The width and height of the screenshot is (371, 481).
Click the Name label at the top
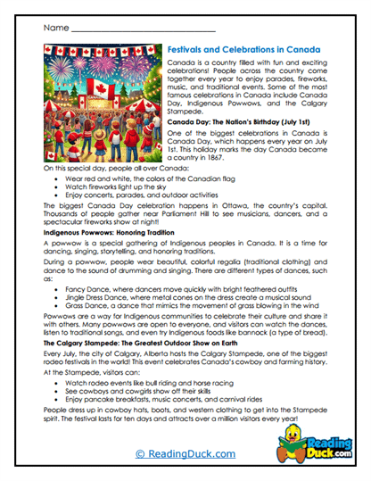(x=54, y=29)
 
